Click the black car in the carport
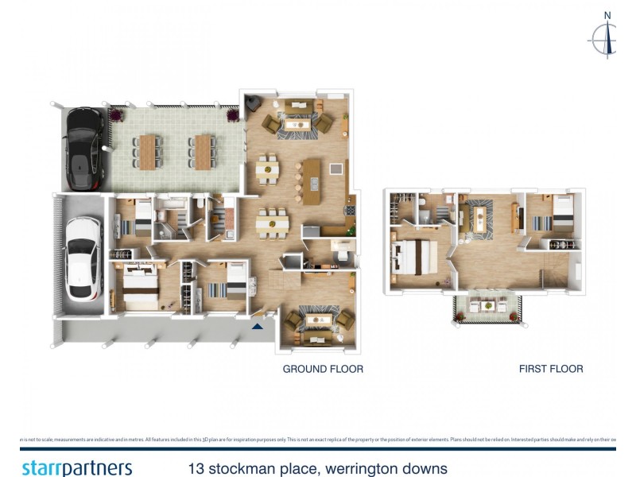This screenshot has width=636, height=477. pos(84,149)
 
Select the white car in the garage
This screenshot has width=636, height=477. pos(83,258)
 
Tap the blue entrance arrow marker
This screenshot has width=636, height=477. pos(257,324)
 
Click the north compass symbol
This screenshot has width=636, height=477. pos(607,36)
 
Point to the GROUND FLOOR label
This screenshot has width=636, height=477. pos(324,369)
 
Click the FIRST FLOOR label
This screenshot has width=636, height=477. pos(551,369)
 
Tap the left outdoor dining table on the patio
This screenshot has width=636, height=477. pos(148,151)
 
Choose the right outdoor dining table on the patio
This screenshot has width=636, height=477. pos(202,151)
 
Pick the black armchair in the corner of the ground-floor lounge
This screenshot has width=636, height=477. pos(253,105)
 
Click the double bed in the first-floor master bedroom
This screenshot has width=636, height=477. pos(417,257)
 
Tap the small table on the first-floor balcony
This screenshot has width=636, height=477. pos(487,308)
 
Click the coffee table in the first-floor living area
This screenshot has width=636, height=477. pos(480,215)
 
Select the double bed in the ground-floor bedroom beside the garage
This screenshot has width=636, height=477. pos(141,288)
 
